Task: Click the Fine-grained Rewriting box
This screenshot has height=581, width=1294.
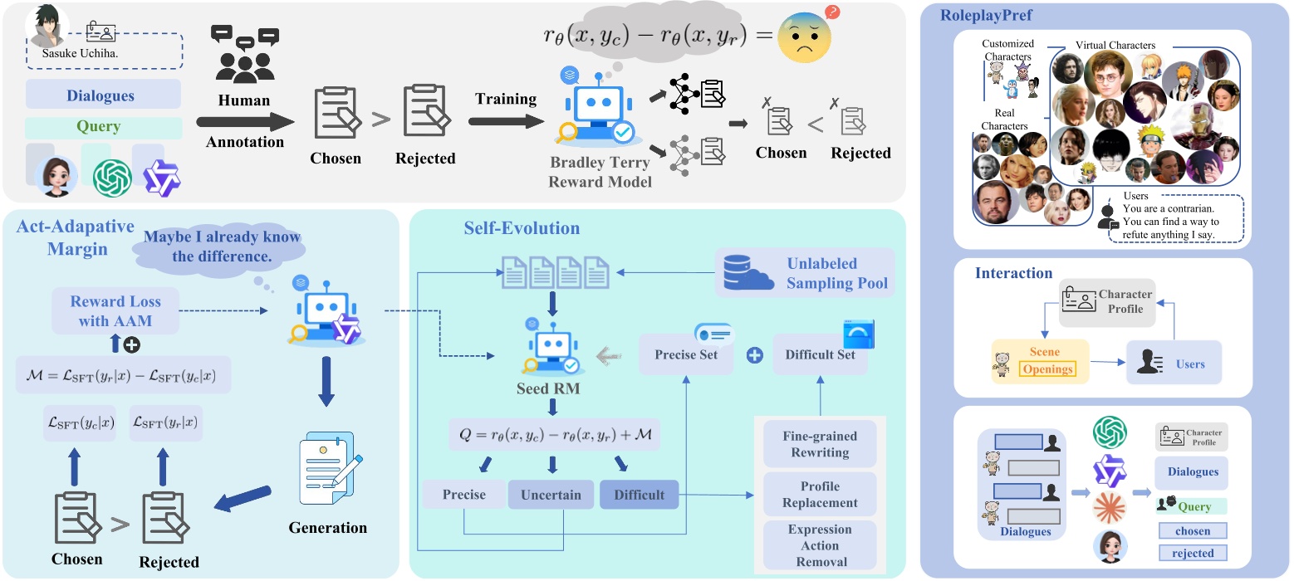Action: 820,444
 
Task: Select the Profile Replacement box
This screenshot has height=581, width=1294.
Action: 820,494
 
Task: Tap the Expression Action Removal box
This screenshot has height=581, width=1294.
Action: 820,545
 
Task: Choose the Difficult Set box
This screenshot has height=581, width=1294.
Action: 820,355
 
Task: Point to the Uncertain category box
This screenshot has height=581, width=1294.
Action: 551,495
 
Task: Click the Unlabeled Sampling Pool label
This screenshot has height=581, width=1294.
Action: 837,273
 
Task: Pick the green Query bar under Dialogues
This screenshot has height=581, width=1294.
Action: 103,127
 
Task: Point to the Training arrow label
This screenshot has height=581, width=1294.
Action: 506,100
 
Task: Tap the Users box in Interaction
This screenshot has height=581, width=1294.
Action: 1174,364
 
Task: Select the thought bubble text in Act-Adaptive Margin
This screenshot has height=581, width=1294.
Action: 223,246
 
